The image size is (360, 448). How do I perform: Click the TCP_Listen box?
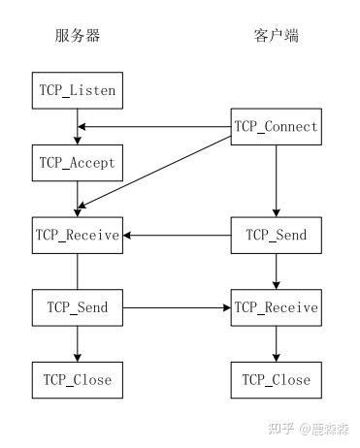coord(77,91)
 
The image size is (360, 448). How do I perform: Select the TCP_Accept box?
coord(77,162)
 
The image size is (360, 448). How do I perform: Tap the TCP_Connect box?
coord(276,127)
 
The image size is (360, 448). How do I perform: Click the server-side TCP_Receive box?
coord(77,235)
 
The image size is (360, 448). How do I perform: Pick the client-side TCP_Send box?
coord(276,235)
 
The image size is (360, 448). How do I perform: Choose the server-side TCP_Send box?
coord(77,307)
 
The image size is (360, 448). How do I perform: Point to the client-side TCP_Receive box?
coord(276,307)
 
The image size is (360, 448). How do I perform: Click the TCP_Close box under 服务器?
coord(77,379)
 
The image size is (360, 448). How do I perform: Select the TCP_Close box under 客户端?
coord(276,379)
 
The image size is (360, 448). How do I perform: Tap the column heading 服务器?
coord(77,37)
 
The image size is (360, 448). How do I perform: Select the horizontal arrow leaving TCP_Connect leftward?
coord(155,127)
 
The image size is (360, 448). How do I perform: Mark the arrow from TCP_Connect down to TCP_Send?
coord(276,179)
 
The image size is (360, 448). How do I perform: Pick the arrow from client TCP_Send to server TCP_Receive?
coord(176,235)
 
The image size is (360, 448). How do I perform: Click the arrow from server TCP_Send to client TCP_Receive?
coord(176,307)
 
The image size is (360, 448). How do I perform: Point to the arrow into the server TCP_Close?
coord(77,343)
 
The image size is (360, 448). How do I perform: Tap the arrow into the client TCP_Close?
coord(276,343)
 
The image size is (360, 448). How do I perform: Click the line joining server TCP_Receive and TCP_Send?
coord(77,271)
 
